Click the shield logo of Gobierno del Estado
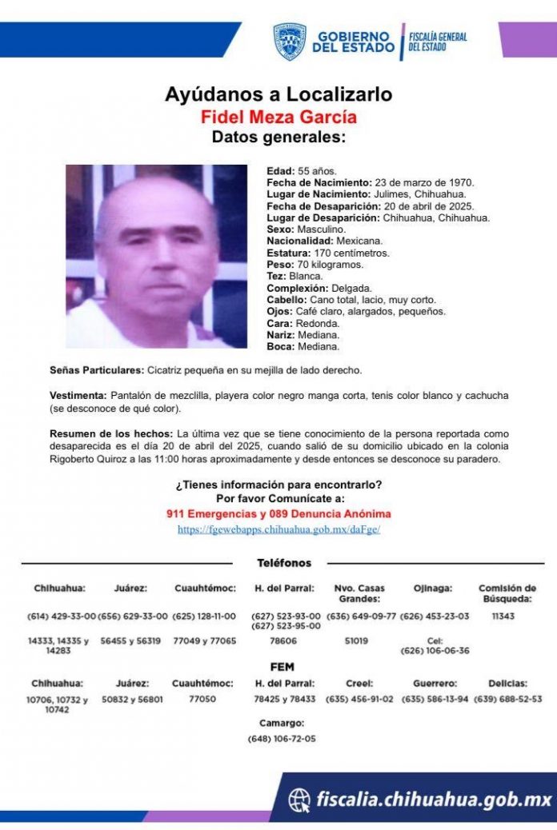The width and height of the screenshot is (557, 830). click(x=290, y=42)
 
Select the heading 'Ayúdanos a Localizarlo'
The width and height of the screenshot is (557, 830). click(x=278, y=94)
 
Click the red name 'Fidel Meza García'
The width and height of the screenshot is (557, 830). click(x=278, y=117)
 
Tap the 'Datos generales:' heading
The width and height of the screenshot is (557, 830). click(x=278, y=138)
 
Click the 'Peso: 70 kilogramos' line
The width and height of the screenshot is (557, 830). click(x=315, y=264)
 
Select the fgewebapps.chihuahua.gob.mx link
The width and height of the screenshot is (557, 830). click(x=278, y=529)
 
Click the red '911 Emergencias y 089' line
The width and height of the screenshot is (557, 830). click(x=278, y=514)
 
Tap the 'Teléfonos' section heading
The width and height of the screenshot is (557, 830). click(x=284, y=563)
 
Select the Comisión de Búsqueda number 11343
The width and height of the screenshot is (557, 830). click(x=507, y=617)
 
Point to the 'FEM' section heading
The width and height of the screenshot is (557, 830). click(x=283, y=667)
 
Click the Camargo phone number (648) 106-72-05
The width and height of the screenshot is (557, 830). click(x=282, y=738)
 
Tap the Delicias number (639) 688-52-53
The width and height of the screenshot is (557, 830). click(x=507, y=699)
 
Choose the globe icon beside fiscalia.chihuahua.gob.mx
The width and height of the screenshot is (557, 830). click(x=299, y=799)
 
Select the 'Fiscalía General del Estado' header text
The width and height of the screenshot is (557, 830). click(x=438, y=42)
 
